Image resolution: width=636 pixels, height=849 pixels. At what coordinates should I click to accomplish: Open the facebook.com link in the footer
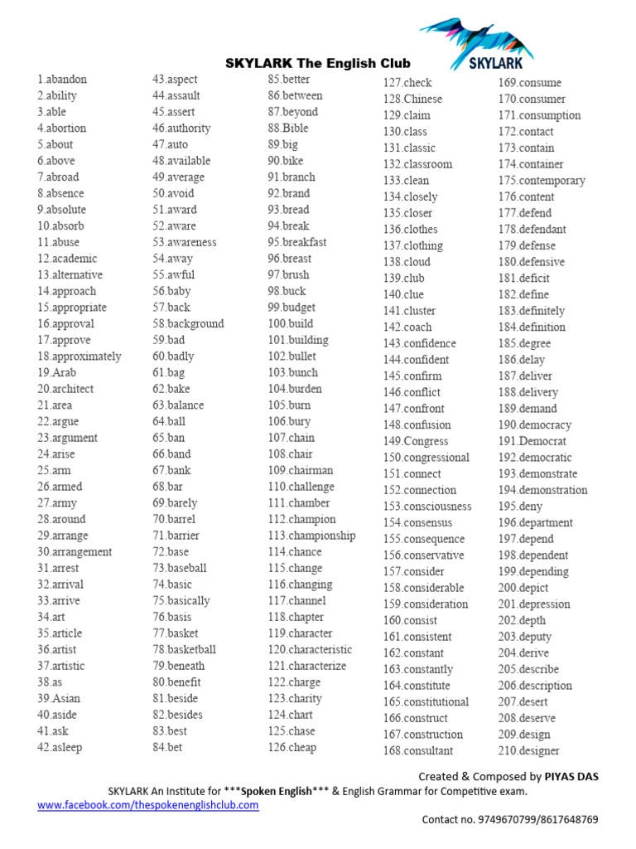[x=148, y=805]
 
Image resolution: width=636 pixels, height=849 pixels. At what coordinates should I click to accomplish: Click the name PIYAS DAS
[x=571, y=777]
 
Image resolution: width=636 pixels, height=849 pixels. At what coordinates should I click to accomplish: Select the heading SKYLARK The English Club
[x=318, y=64]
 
